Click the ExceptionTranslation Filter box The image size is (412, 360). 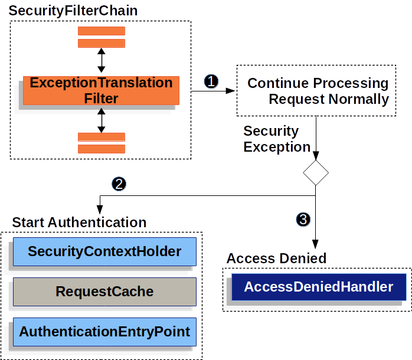click(101, 90)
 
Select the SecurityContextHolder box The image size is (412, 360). click(104, 252)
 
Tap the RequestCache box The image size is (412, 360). click(104, 292)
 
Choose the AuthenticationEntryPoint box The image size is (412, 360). click(104, 332)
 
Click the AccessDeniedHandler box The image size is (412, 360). click(318, 287)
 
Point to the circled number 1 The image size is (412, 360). click(211, 81)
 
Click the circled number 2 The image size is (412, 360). click(119, 184)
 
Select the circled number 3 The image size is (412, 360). click(303, 220)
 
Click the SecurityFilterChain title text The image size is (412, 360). click(73, 11)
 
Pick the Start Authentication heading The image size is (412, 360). click(79, 222)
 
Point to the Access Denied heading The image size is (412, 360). click(276, 258)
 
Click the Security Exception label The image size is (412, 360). click(276, 139)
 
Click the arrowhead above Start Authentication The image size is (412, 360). click(100, 210)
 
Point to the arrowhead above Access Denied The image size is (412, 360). click(316, 244)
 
